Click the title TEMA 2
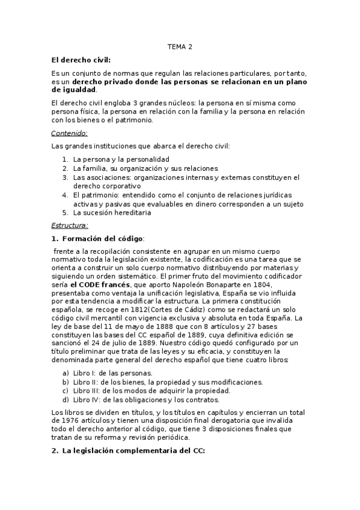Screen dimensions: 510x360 (x=180, y=46)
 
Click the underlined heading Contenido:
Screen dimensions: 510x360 (x=69, y=134)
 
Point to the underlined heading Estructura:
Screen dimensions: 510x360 (x=70, y=226)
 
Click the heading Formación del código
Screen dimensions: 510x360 (x=103, y=239)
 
